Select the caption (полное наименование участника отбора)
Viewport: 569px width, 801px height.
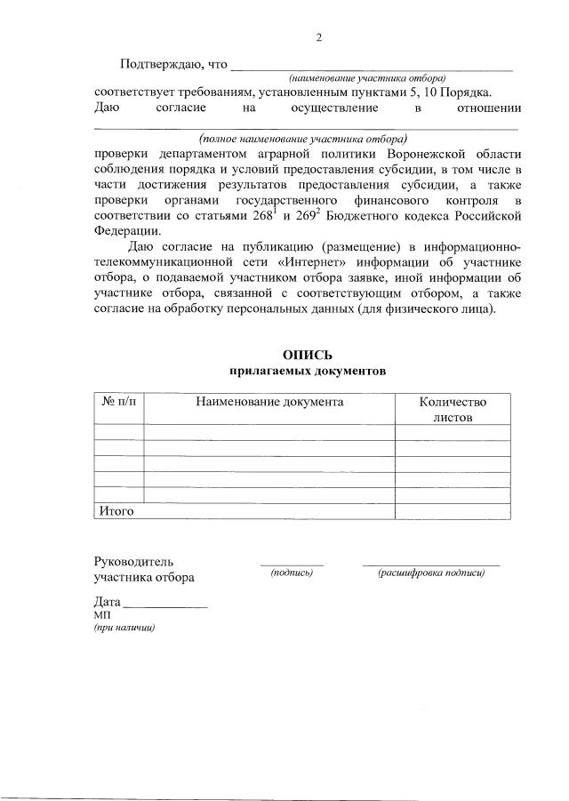(x=304, y=139)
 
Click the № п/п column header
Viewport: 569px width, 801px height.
(x=118, y=402)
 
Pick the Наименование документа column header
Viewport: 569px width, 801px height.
(x=269, y=402)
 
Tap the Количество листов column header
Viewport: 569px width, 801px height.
(x=453, y=409)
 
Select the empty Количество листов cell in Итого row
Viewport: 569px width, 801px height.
(x=453, y=511)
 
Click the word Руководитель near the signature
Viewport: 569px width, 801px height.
(x=134, y=562)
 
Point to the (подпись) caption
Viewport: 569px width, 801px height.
(x=292, y=573)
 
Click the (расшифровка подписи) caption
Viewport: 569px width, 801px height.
(x=431, y=573)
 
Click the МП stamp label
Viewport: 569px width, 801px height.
(x=102, y=615)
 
